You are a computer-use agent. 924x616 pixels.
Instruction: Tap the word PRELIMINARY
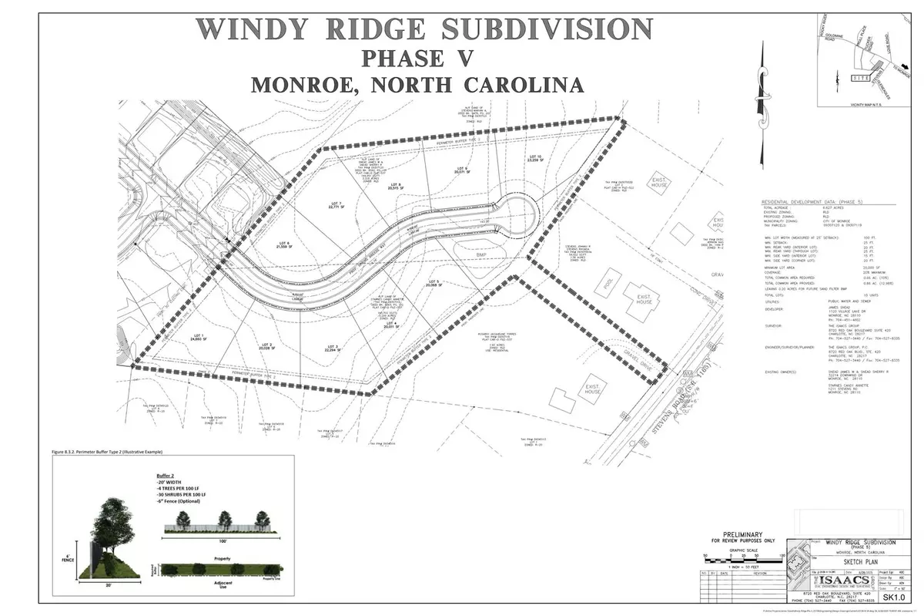point(742,535)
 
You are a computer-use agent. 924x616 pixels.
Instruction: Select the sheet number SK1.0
point(892,597)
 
